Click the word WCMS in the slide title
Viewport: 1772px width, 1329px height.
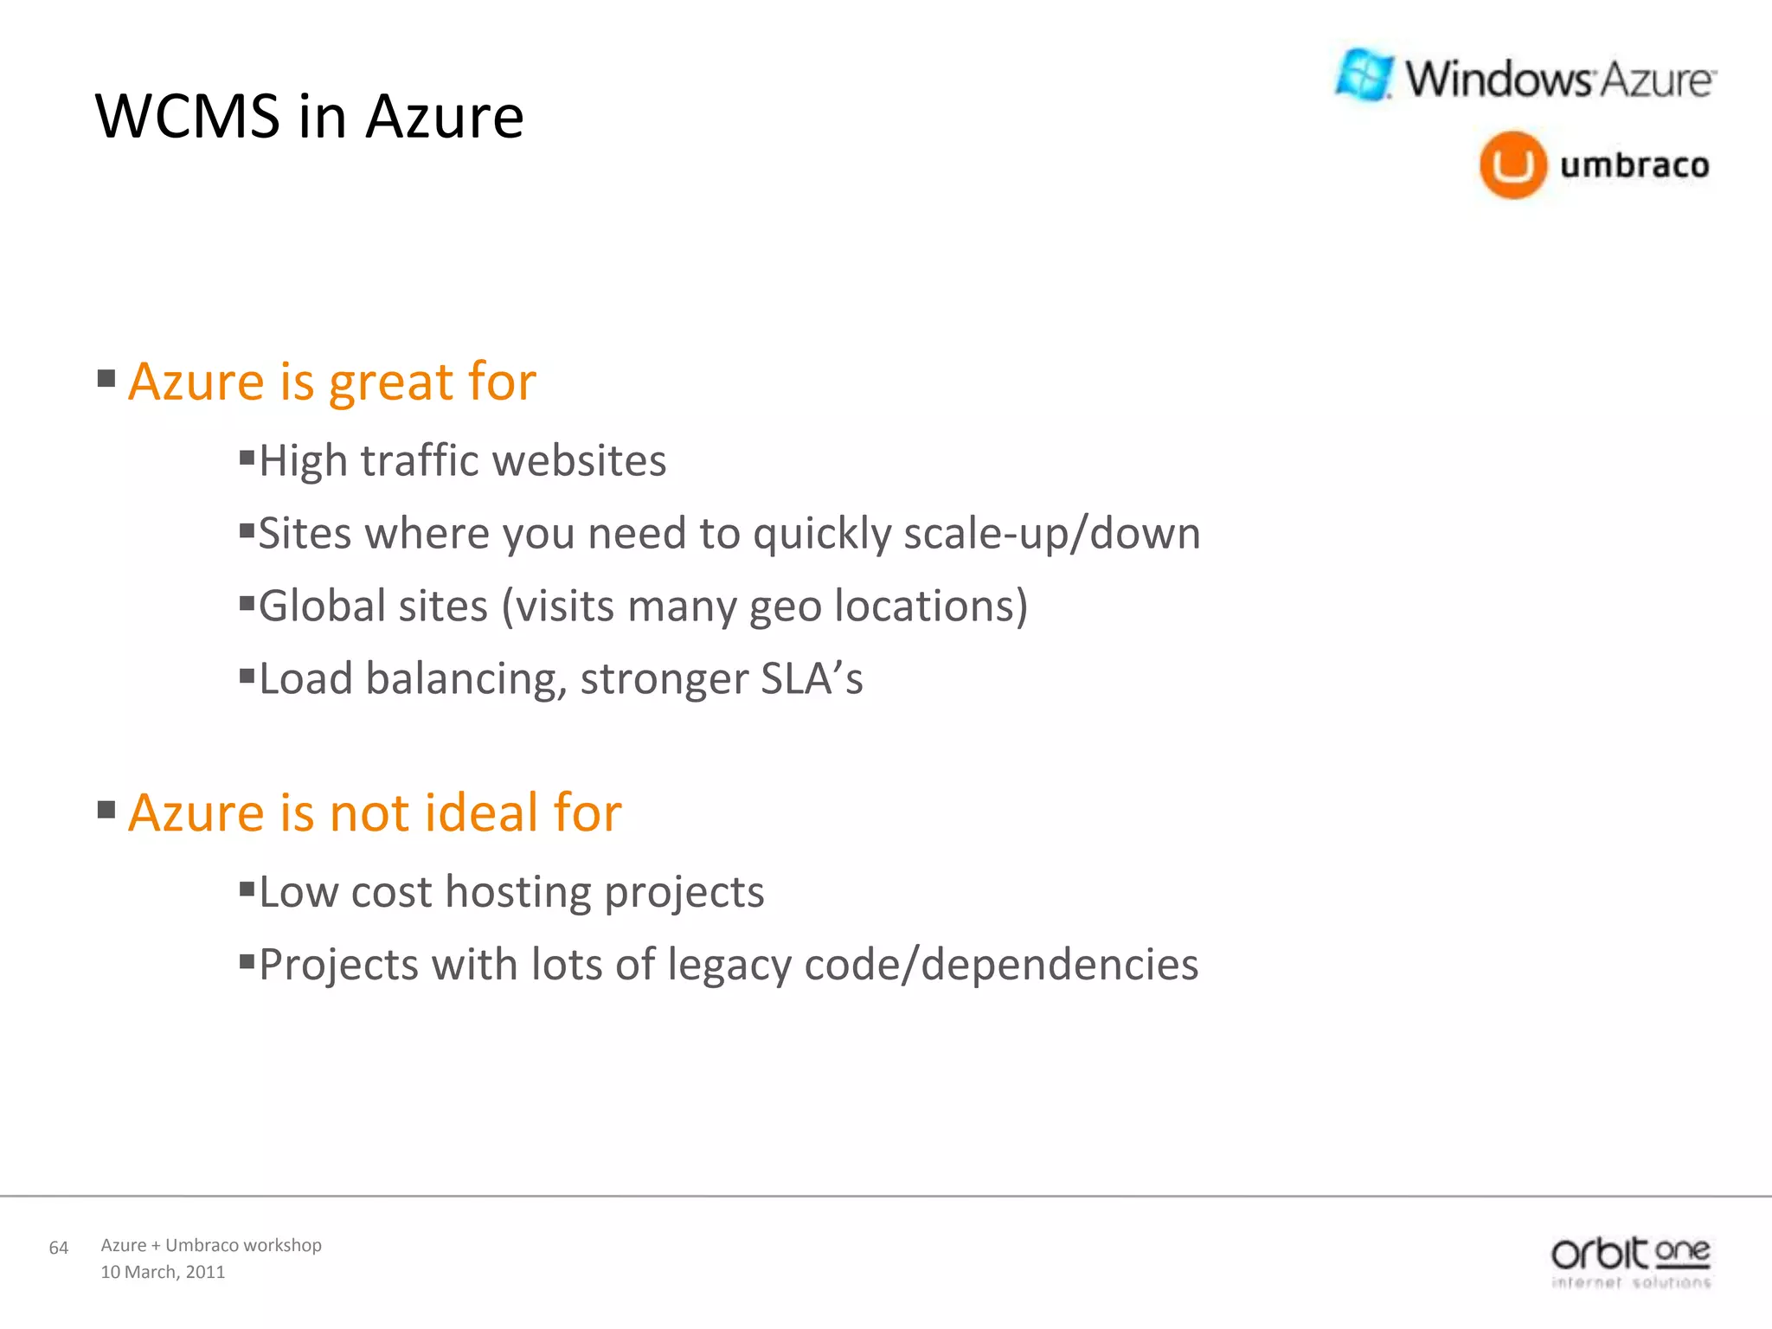click(187, 116)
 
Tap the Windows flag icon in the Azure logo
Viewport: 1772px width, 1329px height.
click(1364, 75)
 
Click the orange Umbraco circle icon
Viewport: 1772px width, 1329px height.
click(1512, 164)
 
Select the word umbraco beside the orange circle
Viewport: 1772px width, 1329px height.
click(1634, 164)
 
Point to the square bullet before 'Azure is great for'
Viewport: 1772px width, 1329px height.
click(106, 378)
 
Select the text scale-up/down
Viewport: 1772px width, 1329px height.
click(1052, 533)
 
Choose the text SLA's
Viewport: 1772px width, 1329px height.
click(812, 678)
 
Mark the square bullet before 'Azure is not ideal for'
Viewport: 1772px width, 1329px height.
click(106, 810)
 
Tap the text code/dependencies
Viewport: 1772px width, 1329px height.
click(1001, 965)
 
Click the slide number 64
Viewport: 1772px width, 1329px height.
click(59, 1248)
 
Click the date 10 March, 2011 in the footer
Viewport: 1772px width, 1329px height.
click(163, 1272)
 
